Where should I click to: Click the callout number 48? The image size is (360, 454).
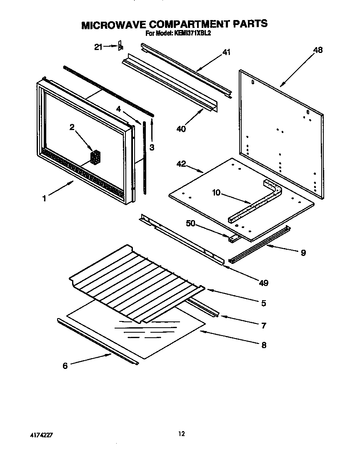point(317,50)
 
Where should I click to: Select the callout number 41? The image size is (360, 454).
point(226,52)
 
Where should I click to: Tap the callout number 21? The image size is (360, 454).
point(98,47)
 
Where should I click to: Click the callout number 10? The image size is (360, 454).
point(217,193)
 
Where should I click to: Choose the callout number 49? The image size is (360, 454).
point(263,283)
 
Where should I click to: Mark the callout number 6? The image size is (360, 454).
point(65,366)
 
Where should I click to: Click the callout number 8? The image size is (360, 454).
point(263,345)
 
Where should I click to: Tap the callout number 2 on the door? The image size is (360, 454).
point(72,128)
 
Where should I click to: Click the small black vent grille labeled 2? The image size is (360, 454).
point(95,157)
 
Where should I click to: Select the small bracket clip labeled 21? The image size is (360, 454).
point(120,46)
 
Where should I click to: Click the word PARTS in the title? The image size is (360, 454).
point(250,24)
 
